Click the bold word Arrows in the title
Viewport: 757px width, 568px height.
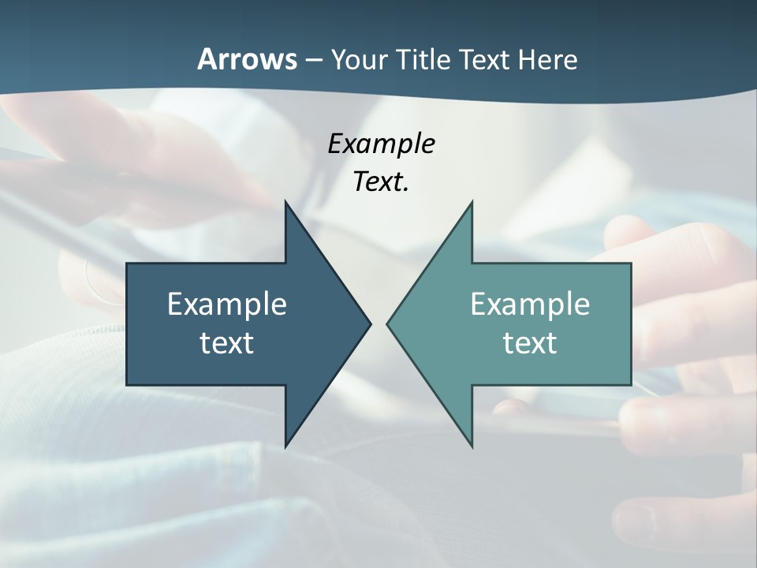click(x=247, y=59)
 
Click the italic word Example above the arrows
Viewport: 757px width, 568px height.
click(x=382, y=144)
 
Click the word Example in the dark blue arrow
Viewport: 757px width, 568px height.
click(x=227, y=304)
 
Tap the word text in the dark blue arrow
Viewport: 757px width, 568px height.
click(x=227, y=342)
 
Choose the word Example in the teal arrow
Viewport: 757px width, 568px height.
click(x=530, y=304)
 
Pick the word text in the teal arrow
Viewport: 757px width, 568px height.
click(x=530, y=342)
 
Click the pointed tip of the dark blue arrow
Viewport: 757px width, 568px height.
click(x=370, y=323)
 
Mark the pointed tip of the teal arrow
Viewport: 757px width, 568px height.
click(x=387, y=323)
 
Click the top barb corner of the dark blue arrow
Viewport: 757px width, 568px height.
click(x=285, y=202)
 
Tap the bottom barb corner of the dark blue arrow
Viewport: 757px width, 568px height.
click(x=285, y=447)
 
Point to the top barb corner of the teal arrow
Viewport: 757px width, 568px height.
click(x=472, y=202)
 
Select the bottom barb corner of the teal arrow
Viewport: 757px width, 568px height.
click(x=472, y=447)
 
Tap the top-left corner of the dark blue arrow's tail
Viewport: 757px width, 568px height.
click(x=127, y=263)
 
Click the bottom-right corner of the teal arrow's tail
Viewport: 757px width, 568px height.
click(x=631, y=384)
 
